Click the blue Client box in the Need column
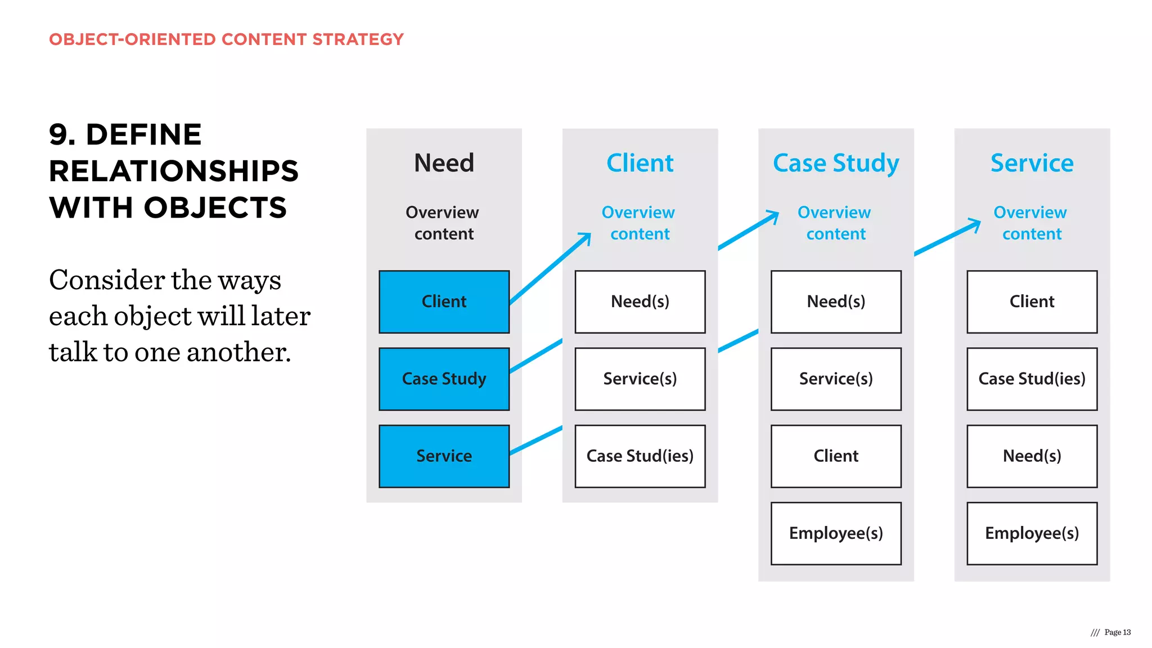pos(444,301)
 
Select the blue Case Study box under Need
pos(444,379)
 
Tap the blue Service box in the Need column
pos(444,456)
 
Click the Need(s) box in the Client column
pos(640,301)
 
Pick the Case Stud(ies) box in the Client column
pos(640,456)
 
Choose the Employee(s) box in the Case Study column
pos(836,533)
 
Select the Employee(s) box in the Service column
pos(1032,533)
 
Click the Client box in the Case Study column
pos(836,456)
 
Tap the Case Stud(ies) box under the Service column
pos(1032,379)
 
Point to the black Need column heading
pos(444,163)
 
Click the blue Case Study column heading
pos(836,163)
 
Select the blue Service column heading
pos(1032,163)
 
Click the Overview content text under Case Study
pos(835,223)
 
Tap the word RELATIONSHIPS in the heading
pos(174,171)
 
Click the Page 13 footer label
pos(1117,632)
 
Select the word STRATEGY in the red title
pos(358,39)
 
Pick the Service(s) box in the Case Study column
pos(836,379)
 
